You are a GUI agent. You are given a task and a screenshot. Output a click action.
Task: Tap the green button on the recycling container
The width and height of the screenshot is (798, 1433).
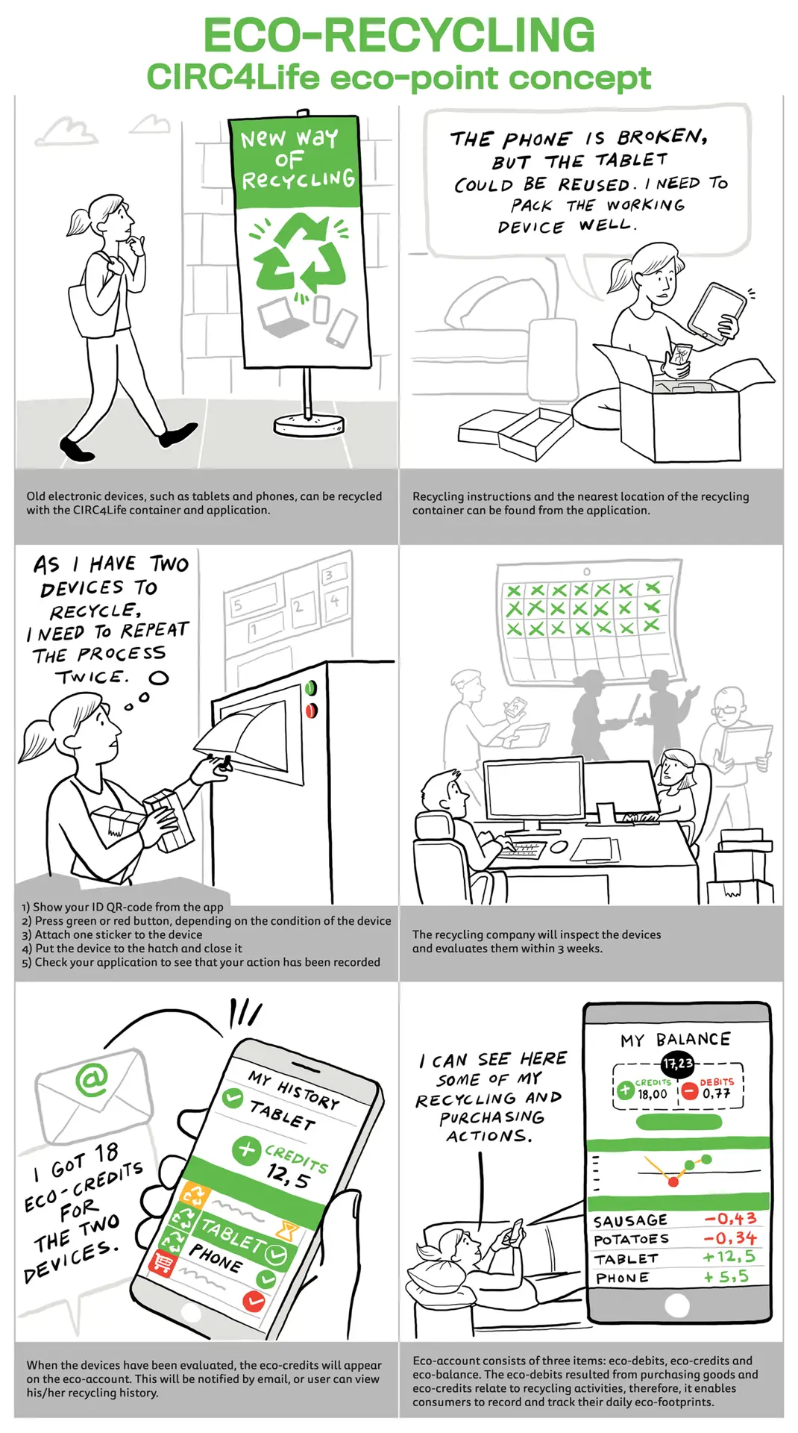tap(311, 687)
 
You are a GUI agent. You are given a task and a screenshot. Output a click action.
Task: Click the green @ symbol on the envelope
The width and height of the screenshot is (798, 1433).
tap(92, 1079)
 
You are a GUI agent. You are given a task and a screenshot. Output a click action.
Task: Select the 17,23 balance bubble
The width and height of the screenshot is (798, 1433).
tap(678, 1064)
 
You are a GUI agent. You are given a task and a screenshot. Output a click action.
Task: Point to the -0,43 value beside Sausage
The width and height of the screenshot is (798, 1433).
tap(731, 1219)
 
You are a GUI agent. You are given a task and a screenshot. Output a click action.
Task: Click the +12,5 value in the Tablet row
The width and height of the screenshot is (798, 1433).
tap(729, 1257)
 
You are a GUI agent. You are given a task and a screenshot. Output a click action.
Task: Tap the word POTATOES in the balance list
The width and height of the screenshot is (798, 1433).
tap(631, 1239)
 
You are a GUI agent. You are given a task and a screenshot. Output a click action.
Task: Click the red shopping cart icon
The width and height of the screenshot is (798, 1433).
tap(162, 1263)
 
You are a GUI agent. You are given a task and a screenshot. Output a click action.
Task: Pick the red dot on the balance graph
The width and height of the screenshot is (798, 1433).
tap(673, 1181)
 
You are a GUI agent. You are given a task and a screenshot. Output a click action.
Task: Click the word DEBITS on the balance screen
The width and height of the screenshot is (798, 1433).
tap(717, 1081)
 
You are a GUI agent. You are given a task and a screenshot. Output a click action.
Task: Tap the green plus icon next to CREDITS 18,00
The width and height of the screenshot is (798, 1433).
tap(625, 1090)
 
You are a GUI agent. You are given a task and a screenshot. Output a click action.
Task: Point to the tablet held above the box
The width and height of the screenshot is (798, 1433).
tap(716, 309)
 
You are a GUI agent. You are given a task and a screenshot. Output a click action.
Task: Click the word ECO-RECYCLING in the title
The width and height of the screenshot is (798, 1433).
tap(399, 35)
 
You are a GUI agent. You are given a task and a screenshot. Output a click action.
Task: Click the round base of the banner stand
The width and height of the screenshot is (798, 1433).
tap(310, 425)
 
